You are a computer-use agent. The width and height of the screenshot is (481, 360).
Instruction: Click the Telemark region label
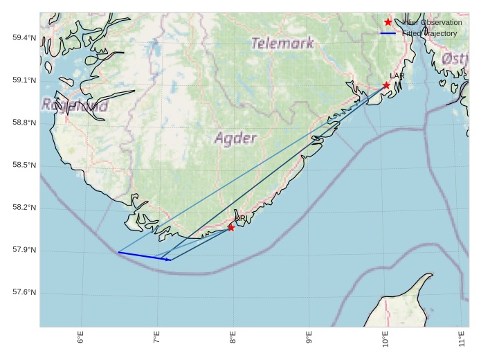pyautogui.click(x=282, y=43)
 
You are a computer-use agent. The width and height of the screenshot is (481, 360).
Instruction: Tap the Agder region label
pyautogui.click(x=235, y=138)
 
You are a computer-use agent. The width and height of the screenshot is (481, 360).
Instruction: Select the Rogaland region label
pyautogui.click(x=75, y=105)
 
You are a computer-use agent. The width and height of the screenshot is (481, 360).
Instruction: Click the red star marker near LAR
pyautogui.click(x=386, y=85)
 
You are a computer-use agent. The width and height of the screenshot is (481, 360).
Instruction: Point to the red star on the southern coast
pyautogui.click(x=231, y=227)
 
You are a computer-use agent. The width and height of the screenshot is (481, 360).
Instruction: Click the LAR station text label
pyautogui.click(x=397, y=75)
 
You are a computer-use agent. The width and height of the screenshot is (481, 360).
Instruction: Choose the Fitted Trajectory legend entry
pyautogui.click(x=429, y=33)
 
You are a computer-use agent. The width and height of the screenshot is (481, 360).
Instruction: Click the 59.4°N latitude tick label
pyautogui.click(x=24, y=37)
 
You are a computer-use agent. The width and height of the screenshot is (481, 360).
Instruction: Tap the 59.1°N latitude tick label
pyautogui.click(x=24, y=80)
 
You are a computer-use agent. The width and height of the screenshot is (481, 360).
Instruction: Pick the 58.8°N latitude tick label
pyautogui.click(x=24, y=123)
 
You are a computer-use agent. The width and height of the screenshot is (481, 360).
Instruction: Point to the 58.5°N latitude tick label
pyautogui.click(x=24, y=165)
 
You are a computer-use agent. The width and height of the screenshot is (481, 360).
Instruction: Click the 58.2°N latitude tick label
pyautogui.click(x=24, y=208)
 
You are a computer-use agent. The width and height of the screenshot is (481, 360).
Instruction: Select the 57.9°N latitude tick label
pyautogui.click(x=24, y=250)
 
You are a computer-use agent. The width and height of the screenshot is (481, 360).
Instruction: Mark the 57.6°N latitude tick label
pyautogui.click(x=24, y=292)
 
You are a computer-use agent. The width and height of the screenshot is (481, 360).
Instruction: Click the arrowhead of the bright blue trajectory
pyautogui.click(x=169, y=260)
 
